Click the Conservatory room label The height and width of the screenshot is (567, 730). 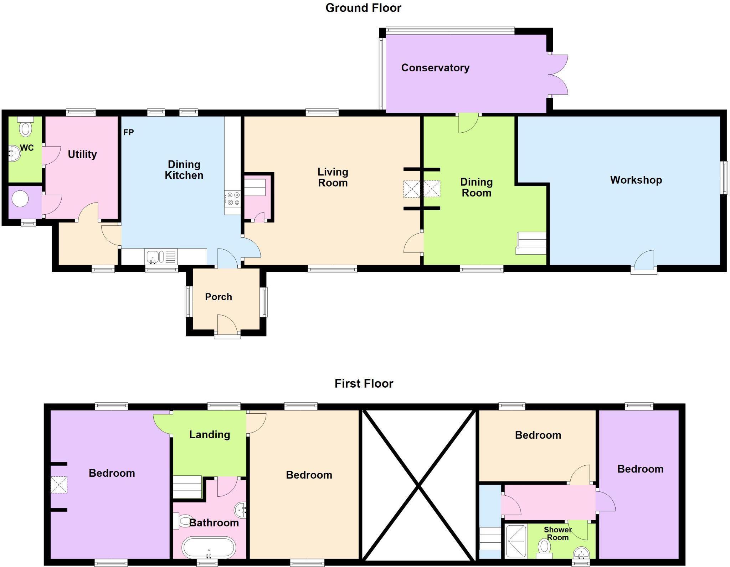[x=435, y=68]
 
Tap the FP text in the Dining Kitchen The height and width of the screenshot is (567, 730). [x=128, y=133]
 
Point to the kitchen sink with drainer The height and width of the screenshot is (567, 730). [x=160, y=256]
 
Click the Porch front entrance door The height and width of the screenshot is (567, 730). [x=227, y=325]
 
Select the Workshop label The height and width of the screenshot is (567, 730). [x=636, y=180]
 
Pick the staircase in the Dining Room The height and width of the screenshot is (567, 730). [x=531, y=243]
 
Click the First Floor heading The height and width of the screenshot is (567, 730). [x=364, y=384]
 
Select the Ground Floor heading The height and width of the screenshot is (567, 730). [x=363, y=8]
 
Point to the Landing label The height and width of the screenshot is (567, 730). [x=209, y=435]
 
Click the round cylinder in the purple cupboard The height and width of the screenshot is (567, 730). [x=20, y=199]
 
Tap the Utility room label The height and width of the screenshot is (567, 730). [x=82, y=154]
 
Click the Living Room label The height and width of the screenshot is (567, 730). [x=333, y=177]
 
